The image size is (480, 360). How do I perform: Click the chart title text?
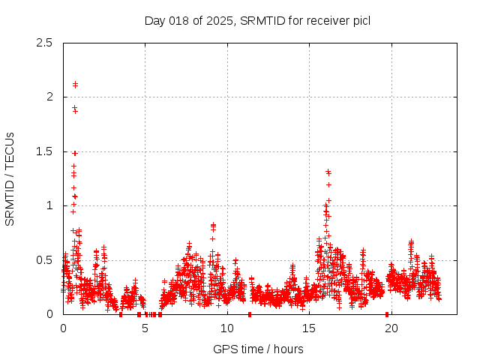click(257, 20)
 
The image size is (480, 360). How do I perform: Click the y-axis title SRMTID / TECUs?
click(10, 178)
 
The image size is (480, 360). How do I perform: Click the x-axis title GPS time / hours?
click(257, 349)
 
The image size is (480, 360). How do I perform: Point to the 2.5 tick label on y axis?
click(45, 43)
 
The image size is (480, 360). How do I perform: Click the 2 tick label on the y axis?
click(49, 97)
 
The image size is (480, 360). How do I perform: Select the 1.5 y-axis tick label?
click(45, 151)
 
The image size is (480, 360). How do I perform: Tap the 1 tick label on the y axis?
click(49, 205)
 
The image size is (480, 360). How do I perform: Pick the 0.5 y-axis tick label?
click(45, 260)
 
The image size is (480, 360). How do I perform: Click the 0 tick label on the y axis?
click(49, 314)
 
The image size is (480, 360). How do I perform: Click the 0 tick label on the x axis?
click(63, 328)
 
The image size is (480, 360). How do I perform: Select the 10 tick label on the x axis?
click(227, 328)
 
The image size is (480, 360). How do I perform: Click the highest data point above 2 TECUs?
click(75, 83)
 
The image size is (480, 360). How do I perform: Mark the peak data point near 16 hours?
click(328, 171)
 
